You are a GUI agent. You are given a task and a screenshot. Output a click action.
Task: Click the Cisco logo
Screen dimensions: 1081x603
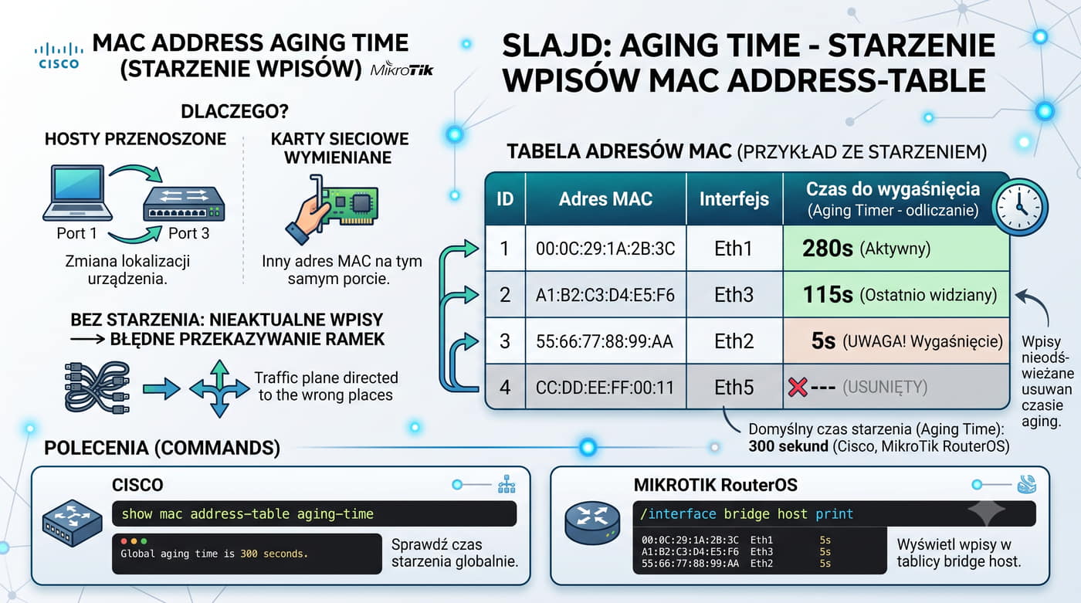click(x=59, y=56)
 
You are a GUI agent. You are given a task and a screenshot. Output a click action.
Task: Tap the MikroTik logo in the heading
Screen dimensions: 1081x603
click(x=402, y=69)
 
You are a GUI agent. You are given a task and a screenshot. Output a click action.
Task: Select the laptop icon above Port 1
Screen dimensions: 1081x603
click(x=77, y=193)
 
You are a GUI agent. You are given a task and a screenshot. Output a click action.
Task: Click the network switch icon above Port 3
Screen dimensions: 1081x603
click(x=184, y=204)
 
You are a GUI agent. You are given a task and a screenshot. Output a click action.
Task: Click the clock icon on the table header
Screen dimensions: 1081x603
click(x=1020, y=207)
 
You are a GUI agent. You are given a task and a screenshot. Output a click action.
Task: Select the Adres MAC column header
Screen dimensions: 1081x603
click(x=605, y=198)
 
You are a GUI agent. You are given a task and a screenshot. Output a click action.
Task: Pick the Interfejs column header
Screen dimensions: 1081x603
click(x=734, y=198)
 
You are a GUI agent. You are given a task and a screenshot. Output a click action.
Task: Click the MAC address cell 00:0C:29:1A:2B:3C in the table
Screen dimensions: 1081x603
click(x=605, y=249)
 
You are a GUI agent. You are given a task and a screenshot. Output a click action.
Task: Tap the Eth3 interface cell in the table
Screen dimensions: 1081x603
click(x=734, y=295)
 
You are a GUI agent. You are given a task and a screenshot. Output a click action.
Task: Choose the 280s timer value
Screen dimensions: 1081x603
click(x=827, y=249)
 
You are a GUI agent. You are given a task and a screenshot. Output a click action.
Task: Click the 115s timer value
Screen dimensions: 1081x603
click(x=827, y=295)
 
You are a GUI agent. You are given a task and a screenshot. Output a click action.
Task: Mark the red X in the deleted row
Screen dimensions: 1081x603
click(x=797, y=387)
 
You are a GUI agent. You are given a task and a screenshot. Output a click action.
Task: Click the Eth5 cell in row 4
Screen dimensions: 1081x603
click(x=734, y=388)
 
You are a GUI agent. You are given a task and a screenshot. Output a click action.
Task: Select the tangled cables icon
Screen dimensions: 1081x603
click(x=97, y=388)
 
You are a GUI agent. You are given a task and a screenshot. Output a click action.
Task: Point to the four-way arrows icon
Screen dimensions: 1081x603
click(x=219, y=388)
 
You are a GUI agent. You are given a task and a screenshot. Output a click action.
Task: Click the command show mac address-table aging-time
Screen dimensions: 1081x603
click(x=248, y=513)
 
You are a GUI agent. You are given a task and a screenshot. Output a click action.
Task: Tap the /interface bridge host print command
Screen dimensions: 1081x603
click(x=747, y=513)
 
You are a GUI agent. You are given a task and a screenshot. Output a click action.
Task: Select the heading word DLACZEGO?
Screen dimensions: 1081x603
click(x=235, y=111)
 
